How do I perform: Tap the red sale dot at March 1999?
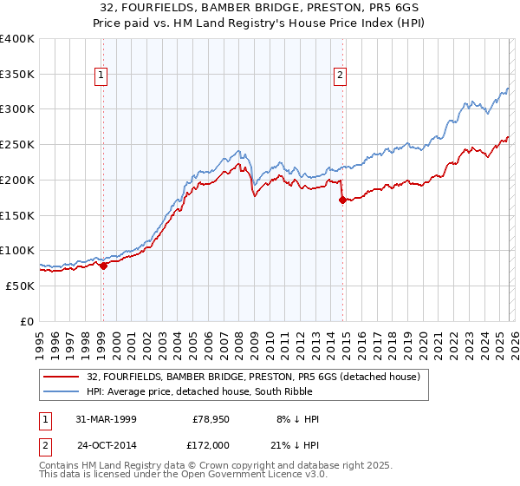pos(103,266)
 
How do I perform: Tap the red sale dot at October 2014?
pos(341,200)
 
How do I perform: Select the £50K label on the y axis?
pos(21,286)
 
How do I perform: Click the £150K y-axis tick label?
pos(17,215)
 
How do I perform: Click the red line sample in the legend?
pos(62,377)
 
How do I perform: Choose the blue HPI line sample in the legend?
pos(62,391)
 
